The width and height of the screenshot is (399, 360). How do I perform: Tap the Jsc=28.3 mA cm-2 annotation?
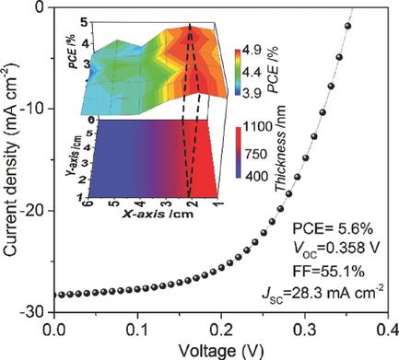[334, 294]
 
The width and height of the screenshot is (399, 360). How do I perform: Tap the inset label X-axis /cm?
[157, 214]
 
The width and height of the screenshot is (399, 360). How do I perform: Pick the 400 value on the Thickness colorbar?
[255, 174]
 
